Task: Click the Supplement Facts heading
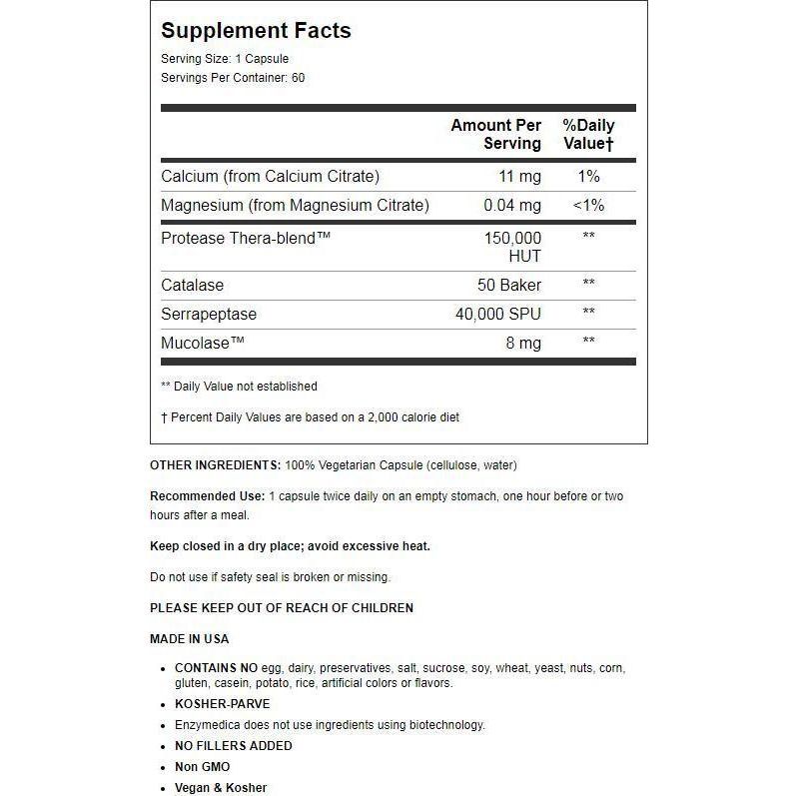(x=256, y=31)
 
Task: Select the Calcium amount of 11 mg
(x=519, y=177)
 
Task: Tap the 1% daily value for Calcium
(x=588, y=177)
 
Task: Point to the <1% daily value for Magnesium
(x=588, y=206)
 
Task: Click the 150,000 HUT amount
(x=511, y=247)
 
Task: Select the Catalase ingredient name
(x=193, y=285)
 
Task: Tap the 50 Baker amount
(x=508, y=285)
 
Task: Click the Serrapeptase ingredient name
(x=209, y=314)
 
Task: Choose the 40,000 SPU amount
(x=497, y=314)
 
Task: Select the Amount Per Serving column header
(x=496, y=135)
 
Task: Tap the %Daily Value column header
(x=588, y=135)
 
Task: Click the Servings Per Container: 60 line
(x=233, y=78)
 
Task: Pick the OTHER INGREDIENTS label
(x=215, y=465)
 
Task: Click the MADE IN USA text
(x=189, y=639)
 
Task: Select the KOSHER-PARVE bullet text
(x=222, y=704)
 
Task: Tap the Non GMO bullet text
(x=202, y=767)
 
